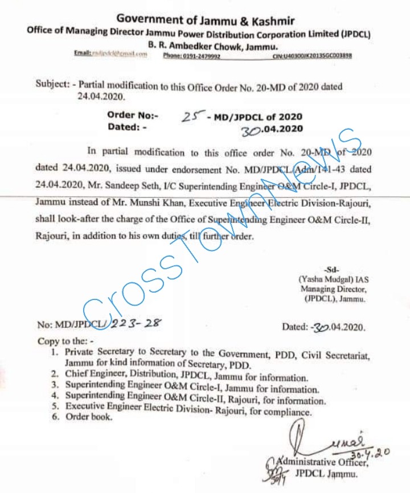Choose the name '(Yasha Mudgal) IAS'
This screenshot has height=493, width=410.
(x=331, y=280)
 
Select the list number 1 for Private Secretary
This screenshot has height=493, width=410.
(x=54, y=354)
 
